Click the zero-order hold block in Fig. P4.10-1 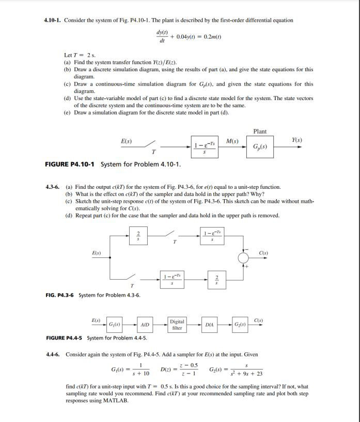coord(203,146)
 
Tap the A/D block coord(145,324)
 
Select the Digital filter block coord(177,324)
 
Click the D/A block coord(209,324)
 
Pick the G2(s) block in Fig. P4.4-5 coord(240,324)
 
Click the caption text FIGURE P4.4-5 coord(65,338)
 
